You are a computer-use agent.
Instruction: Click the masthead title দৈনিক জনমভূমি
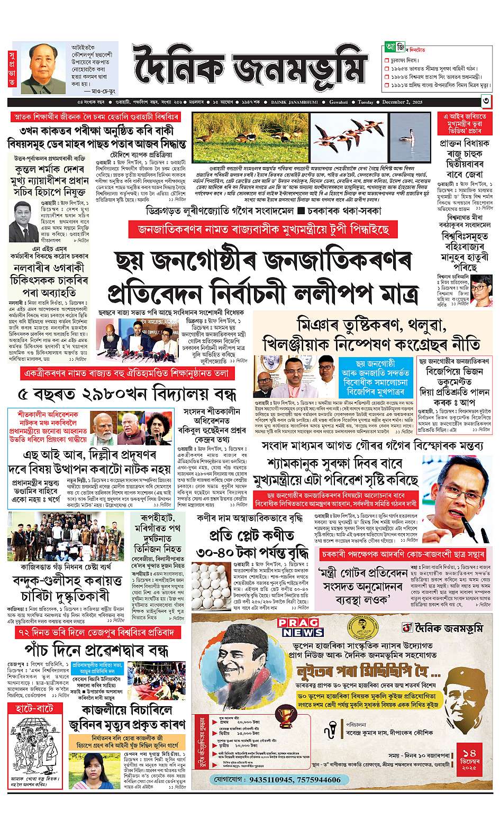pyautogui.click(x=249, y=68)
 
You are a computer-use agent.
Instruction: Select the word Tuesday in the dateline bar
pyautogui.click(x=365, y=102)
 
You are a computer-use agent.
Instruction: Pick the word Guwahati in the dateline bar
pyautogui.click(x=339, y=102)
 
